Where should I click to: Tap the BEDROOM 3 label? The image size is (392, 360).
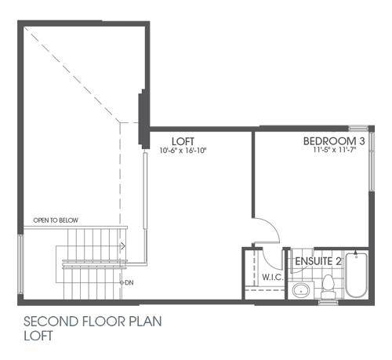(x=334, y=141)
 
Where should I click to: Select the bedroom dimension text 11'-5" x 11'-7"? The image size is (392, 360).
(x=334, y=150)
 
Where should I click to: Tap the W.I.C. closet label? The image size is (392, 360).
(x=272, y=277)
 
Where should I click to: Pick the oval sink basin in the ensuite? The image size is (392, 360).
(x=299, y=291)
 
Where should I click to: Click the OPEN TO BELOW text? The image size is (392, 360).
(x=56, y=220)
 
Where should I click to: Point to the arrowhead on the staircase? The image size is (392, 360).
(x=122, y=245)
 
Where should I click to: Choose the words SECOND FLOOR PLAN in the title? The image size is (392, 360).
(x=93, y=322)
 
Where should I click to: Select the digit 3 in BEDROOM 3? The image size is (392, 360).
(x=361, y=141)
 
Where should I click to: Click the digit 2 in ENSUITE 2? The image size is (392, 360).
(x=338, y=261)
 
